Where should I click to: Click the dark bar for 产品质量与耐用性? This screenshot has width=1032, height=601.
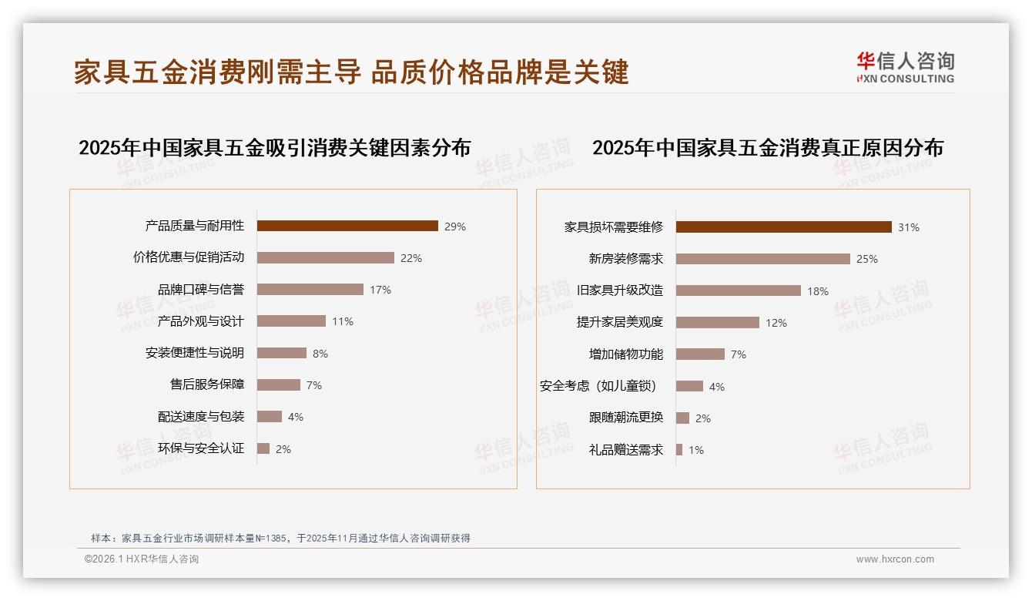coord(347,226)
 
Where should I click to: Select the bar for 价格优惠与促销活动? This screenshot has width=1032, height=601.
coord(325,258)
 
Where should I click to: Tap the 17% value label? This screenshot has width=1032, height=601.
coord(380,290)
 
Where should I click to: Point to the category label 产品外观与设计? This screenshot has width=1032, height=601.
coord(200,321)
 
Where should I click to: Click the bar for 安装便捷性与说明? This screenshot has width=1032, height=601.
coord(282,353)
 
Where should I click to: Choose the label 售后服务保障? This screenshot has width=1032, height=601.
coord(206,384)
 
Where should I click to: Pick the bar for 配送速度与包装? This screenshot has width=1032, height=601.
coord(270,417)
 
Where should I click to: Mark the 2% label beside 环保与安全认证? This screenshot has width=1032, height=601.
coord(283,449)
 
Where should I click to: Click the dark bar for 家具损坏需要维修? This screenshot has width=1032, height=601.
coord(784,227)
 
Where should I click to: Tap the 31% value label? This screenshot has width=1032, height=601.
coord(909,227)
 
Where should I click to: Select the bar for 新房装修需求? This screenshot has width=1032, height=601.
coord(763,259)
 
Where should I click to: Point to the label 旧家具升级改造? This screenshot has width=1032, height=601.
coord(620,290)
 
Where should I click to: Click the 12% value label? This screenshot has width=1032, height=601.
coord(776,323)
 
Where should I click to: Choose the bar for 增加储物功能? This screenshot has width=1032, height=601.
coord(701,354)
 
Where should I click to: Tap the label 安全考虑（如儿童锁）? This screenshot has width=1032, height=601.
coord(598,386)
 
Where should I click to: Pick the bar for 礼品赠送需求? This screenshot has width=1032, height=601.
coord(679,450)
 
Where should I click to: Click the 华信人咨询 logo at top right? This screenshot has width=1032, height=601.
coord(905,67)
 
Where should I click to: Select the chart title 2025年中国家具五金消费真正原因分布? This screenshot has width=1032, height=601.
coord(767,148)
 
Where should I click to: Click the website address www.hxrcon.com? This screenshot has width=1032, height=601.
coord(895,559)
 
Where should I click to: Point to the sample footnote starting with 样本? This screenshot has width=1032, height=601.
coord(280,539)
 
